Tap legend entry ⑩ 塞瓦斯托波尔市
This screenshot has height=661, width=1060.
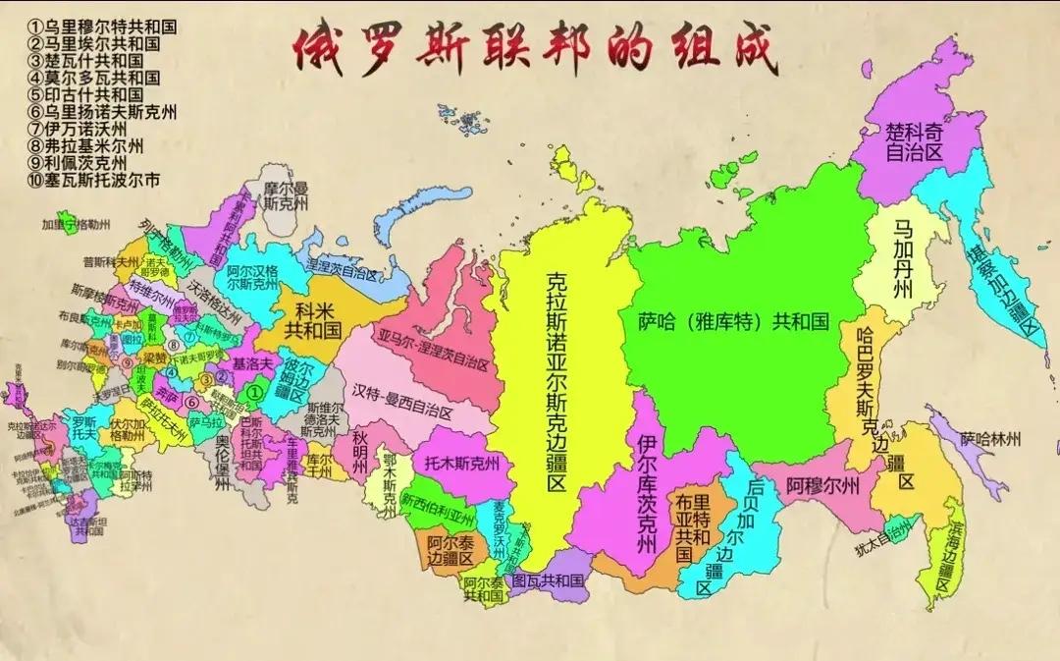click(93, 181)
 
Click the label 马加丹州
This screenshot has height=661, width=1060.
click(903, 259)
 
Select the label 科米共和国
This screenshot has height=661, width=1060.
click(311, 320)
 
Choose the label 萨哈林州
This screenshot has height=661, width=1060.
click(991, 438)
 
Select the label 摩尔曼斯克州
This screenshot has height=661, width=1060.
click(286, 194)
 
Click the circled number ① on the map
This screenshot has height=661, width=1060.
click(253, 391)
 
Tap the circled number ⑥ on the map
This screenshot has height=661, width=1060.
click(192, 402)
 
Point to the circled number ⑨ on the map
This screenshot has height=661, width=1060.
click(129, 360)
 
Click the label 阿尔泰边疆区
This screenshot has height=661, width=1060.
click(450, 549)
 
